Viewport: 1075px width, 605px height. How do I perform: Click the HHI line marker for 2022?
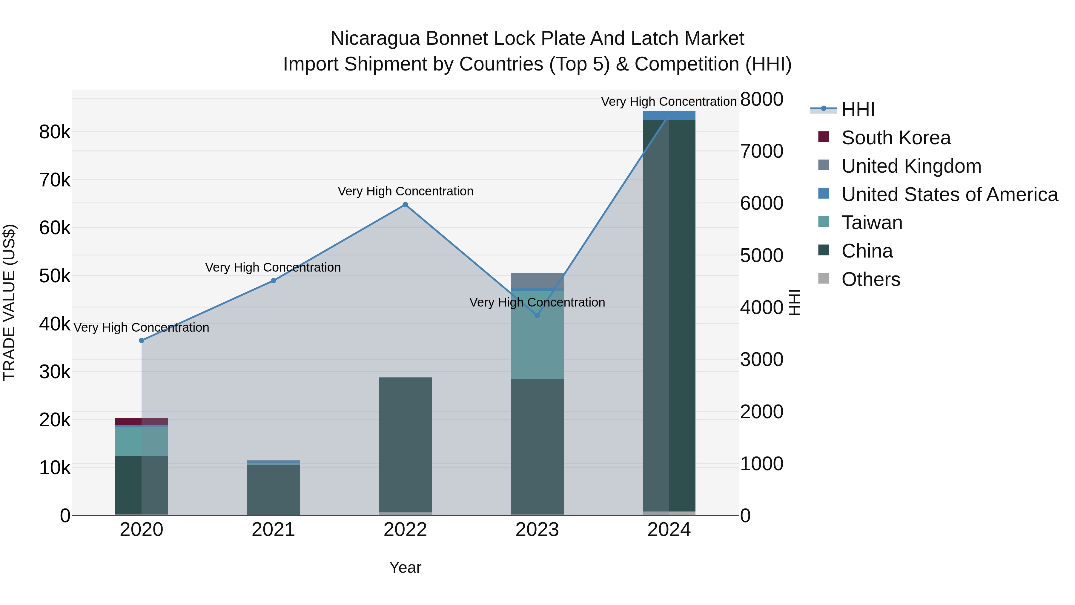(x=405, y=205)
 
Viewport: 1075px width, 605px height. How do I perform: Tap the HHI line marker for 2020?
(x=142, y=341)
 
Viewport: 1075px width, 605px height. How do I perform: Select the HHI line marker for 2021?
(x=273, y=281)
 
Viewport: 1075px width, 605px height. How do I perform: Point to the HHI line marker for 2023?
(x=537, y=315)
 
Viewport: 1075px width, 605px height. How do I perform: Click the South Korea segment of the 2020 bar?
(x=142, y=421)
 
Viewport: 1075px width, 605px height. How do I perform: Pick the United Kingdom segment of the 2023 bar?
(x=537, y=280)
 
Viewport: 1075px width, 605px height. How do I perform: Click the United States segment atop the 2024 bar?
(x=669, y=115)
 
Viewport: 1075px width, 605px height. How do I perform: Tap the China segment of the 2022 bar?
(x=405, y=445)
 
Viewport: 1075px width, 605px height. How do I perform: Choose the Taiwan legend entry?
(x=872, y=223)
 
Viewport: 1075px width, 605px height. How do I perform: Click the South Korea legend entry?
(x=896, y=138)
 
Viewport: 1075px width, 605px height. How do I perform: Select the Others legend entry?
(x=870, y=279)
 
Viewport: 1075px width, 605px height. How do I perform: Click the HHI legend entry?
(x=858, y=109)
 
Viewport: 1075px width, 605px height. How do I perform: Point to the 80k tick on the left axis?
(x=55, y=132)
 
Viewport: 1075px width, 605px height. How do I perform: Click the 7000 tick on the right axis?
(x=761, y=151)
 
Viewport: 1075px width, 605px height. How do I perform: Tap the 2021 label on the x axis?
(x=273, y=530)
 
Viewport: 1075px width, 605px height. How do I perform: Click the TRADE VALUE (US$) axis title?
(x=10, y=302)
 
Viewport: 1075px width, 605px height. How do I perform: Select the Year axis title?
(x=405, y=567)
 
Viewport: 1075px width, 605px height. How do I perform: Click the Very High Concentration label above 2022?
(x=405, y=191)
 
